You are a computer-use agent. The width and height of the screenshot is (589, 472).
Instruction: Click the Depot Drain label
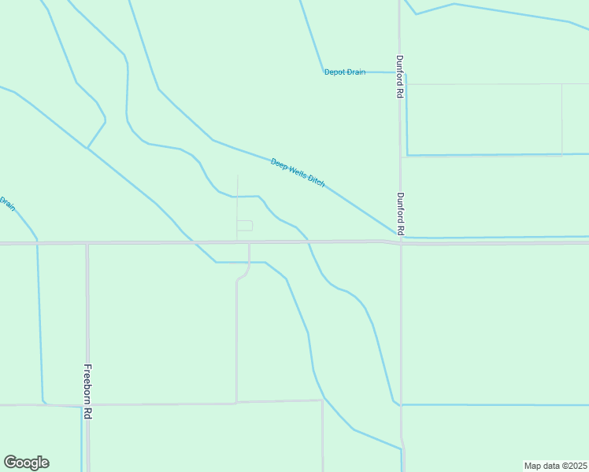[345, 72]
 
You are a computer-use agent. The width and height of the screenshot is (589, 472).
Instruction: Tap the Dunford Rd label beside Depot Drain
[400, 76]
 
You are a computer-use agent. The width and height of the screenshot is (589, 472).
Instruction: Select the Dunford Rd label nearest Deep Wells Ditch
[400, 214]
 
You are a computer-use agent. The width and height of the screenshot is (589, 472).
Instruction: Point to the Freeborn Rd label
[88, 393]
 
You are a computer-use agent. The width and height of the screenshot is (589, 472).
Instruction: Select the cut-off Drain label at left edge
[6, 203]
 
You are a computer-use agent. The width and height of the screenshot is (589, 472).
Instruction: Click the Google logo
[26, 463]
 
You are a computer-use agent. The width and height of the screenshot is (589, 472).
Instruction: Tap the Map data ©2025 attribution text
[555, 466]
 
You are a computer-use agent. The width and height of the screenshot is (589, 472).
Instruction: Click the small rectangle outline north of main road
[245, 226]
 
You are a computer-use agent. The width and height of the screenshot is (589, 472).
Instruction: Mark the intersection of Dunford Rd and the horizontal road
[401, 242]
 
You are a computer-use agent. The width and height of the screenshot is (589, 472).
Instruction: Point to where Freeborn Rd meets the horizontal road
[87, 244]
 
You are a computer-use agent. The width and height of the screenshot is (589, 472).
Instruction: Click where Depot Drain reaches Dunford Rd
[398, 72]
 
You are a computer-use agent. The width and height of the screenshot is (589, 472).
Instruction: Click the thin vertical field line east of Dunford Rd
[562, 118]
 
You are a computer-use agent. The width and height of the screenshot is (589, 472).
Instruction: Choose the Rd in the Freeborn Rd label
[88, 414]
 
